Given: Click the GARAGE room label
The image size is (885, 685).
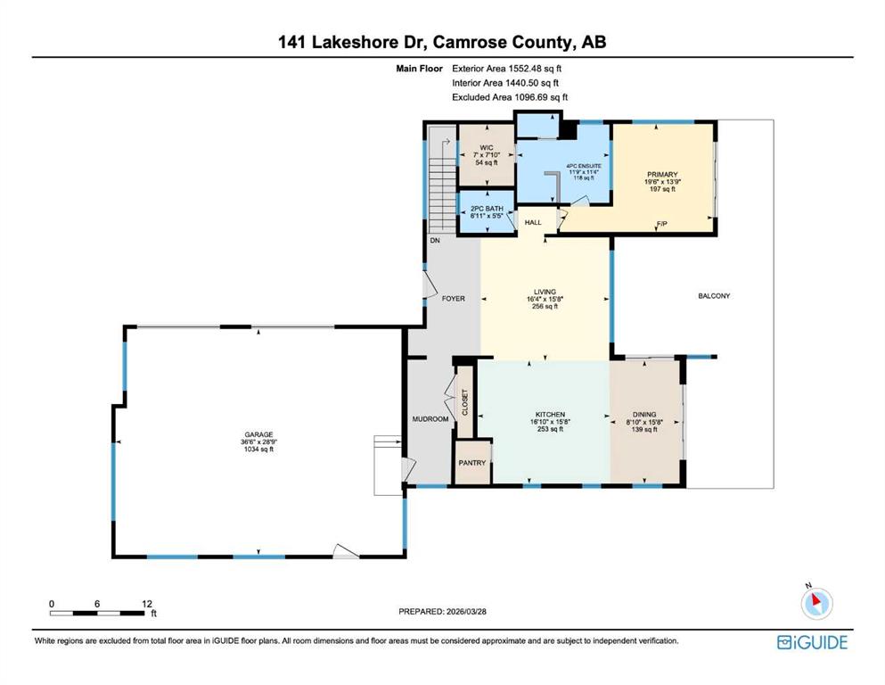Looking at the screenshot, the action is coord(258,435).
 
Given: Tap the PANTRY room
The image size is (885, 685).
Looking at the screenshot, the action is coord(471,463).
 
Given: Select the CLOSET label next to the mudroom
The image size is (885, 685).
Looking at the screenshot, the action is coord(465,402).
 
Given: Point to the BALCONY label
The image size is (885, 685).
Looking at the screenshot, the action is coord(714,296).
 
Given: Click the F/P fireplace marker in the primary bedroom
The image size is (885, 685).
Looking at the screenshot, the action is coord(662,224).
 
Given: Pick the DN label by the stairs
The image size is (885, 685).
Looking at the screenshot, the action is coord(435,241).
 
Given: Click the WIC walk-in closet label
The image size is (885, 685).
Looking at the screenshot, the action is coord(487,148).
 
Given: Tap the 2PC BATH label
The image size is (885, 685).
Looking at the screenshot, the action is coord(487,209).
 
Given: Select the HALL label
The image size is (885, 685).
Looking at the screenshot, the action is coord(533,222).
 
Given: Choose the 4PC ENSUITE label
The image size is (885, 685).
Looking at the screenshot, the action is coord(584,166).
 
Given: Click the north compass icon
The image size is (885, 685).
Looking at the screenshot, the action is coord(816,603).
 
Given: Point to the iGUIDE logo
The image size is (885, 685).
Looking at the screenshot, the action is coord(812,643).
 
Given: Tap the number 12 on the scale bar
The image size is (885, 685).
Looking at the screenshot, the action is coord(147,604).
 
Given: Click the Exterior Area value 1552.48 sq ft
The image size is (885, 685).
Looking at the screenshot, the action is coord(535,69).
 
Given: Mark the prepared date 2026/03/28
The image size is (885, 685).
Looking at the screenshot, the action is coord(466,611).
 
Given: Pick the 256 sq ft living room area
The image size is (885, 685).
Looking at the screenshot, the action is coord(545,307).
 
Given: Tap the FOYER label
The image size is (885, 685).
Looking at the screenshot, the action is coord(454,298).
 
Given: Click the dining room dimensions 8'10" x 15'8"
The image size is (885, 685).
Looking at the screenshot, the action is coord(644,422).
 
